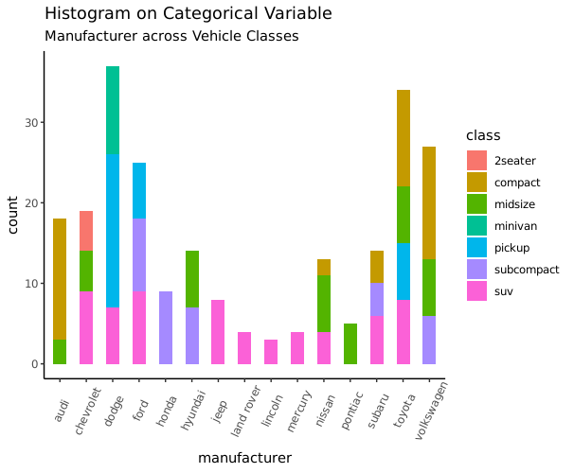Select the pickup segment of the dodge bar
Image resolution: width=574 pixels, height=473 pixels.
113,231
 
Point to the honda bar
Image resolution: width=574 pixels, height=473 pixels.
166,327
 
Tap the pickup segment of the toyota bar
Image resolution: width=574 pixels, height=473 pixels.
404,272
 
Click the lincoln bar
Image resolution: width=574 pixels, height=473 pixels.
271,352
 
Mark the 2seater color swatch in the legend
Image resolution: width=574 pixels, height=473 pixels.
477,160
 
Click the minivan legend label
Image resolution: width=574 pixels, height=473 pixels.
514,225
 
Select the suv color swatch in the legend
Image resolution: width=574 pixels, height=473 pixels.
477,290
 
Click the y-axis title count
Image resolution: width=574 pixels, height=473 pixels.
13,215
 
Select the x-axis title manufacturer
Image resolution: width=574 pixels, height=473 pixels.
244,458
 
